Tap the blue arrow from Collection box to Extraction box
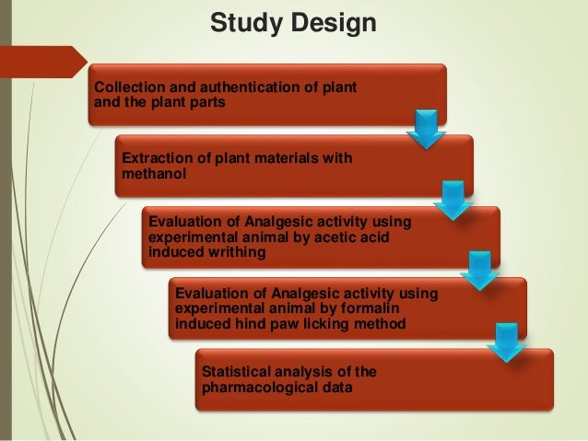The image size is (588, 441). coord(426,130)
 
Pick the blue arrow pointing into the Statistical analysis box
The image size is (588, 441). coord(506,342)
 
